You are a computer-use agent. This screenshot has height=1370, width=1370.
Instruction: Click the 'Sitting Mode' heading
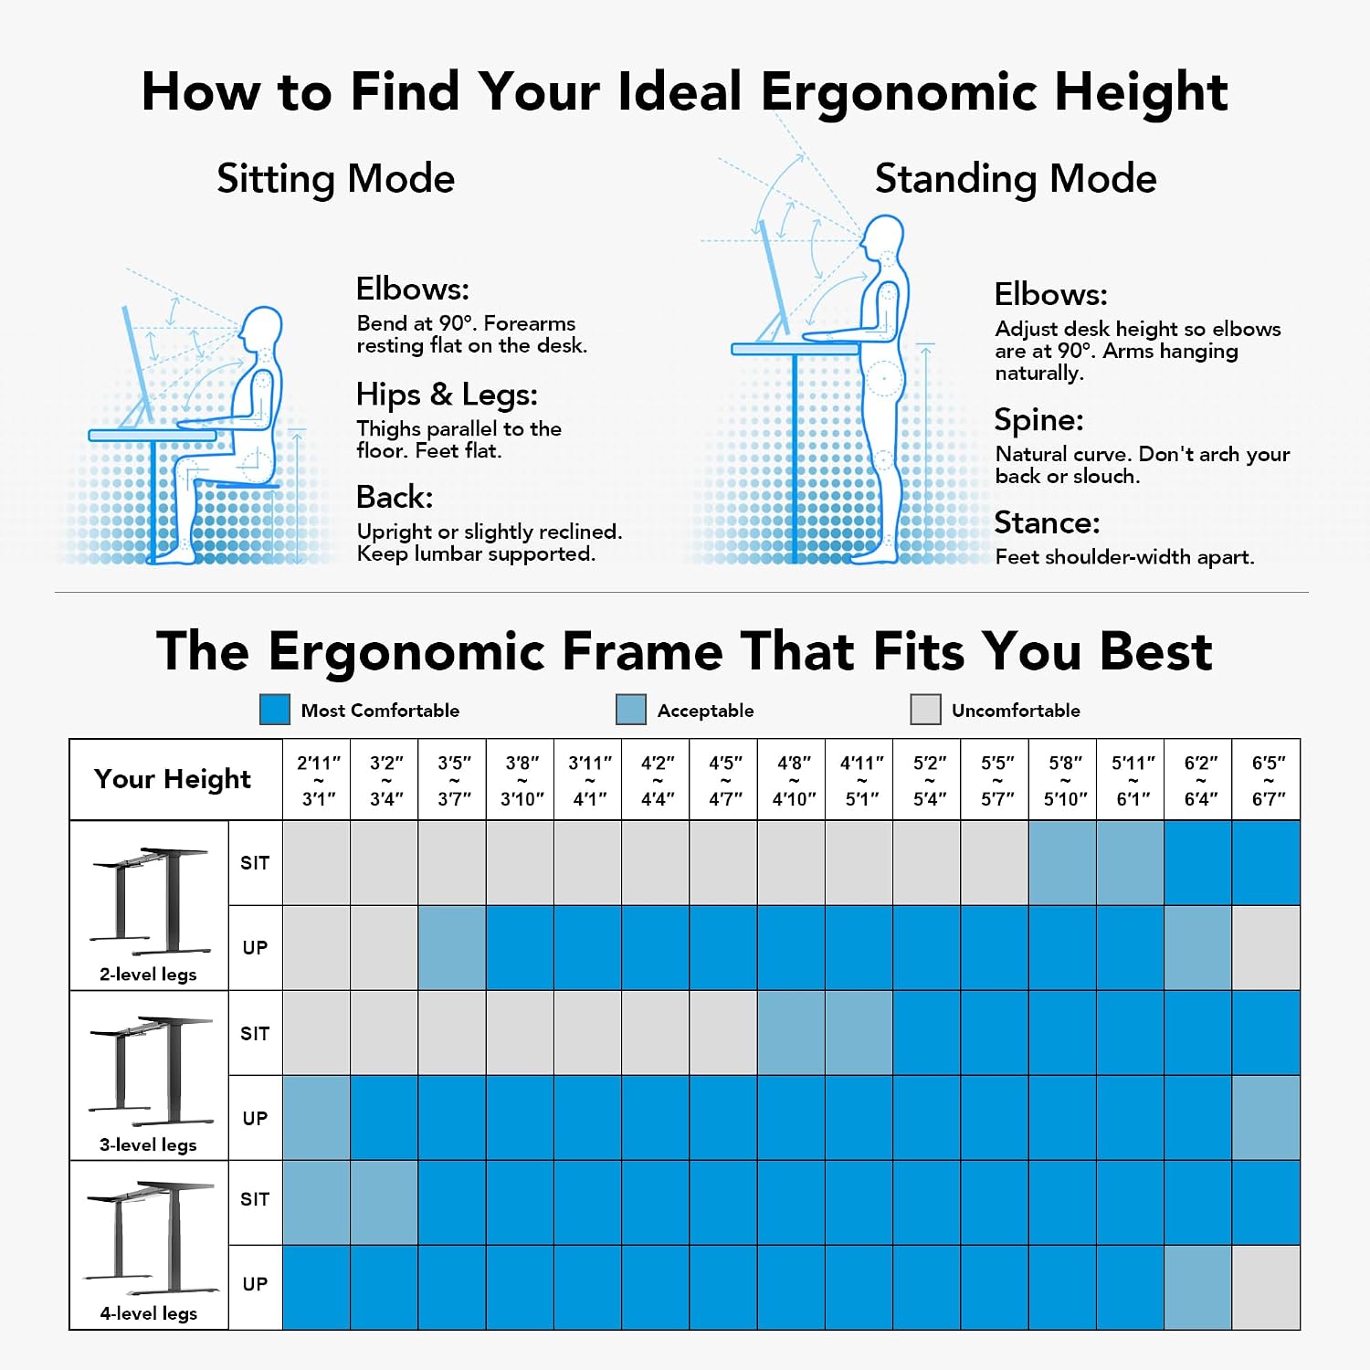(x=335, y=179)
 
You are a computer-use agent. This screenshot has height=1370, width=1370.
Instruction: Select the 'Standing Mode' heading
(x=1016, y=179)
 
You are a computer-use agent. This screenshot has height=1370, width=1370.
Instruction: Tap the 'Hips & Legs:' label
(x=447, y=395)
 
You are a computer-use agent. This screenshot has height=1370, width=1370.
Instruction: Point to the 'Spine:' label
(x=1038, y=419)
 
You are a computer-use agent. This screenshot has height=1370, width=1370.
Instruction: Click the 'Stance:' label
(x=1047, y=522)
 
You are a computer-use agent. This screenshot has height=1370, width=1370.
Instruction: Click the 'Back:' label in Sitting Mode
(x=395, y=497)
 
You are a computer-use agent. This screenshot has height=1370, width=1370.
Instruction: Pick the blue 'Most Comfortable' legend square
(x=275, y=710)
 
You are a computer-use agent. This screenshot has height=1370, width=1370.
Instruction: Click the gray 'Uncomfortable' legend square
(x=925, y=710)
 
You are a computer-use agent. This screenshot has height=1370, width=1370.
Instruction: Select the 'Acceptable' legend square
(x=631, y=710)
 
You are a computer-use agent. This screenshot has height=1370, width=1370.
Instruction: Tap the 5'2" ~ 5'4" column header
(x=930, y=780)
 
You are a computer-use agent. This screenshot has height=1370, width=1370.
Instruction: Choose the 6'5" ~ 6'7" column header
(x=1269, y=780)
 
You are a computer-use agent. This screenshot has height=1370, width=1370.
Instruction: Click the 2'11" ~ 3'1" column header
(x=319, y=780)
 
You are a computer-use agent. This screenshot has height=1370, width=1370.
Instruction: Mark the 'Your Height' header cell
(x=173, y=779)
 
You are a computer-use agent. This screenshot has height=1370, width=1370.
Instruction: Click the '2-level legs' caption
(x=148, y=975)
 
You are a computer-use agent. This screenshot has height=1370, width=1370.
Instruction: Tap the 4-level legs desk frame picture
(x=151, y=1238)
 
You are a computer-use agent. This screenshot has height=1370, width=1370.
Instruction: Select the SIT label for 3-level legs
(x=255, y=1033)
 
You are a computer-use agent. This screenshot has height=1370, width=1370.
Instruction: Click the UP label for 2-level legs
(x=255, y=948)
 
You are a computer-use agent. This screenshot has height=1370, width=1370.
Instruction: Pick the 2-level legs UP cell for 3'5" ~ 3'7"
(x=452, y=948)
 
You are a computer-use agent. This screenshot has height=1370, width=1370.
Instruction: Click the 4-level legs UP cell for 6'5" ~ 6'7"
(x=1266, y=1288)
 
